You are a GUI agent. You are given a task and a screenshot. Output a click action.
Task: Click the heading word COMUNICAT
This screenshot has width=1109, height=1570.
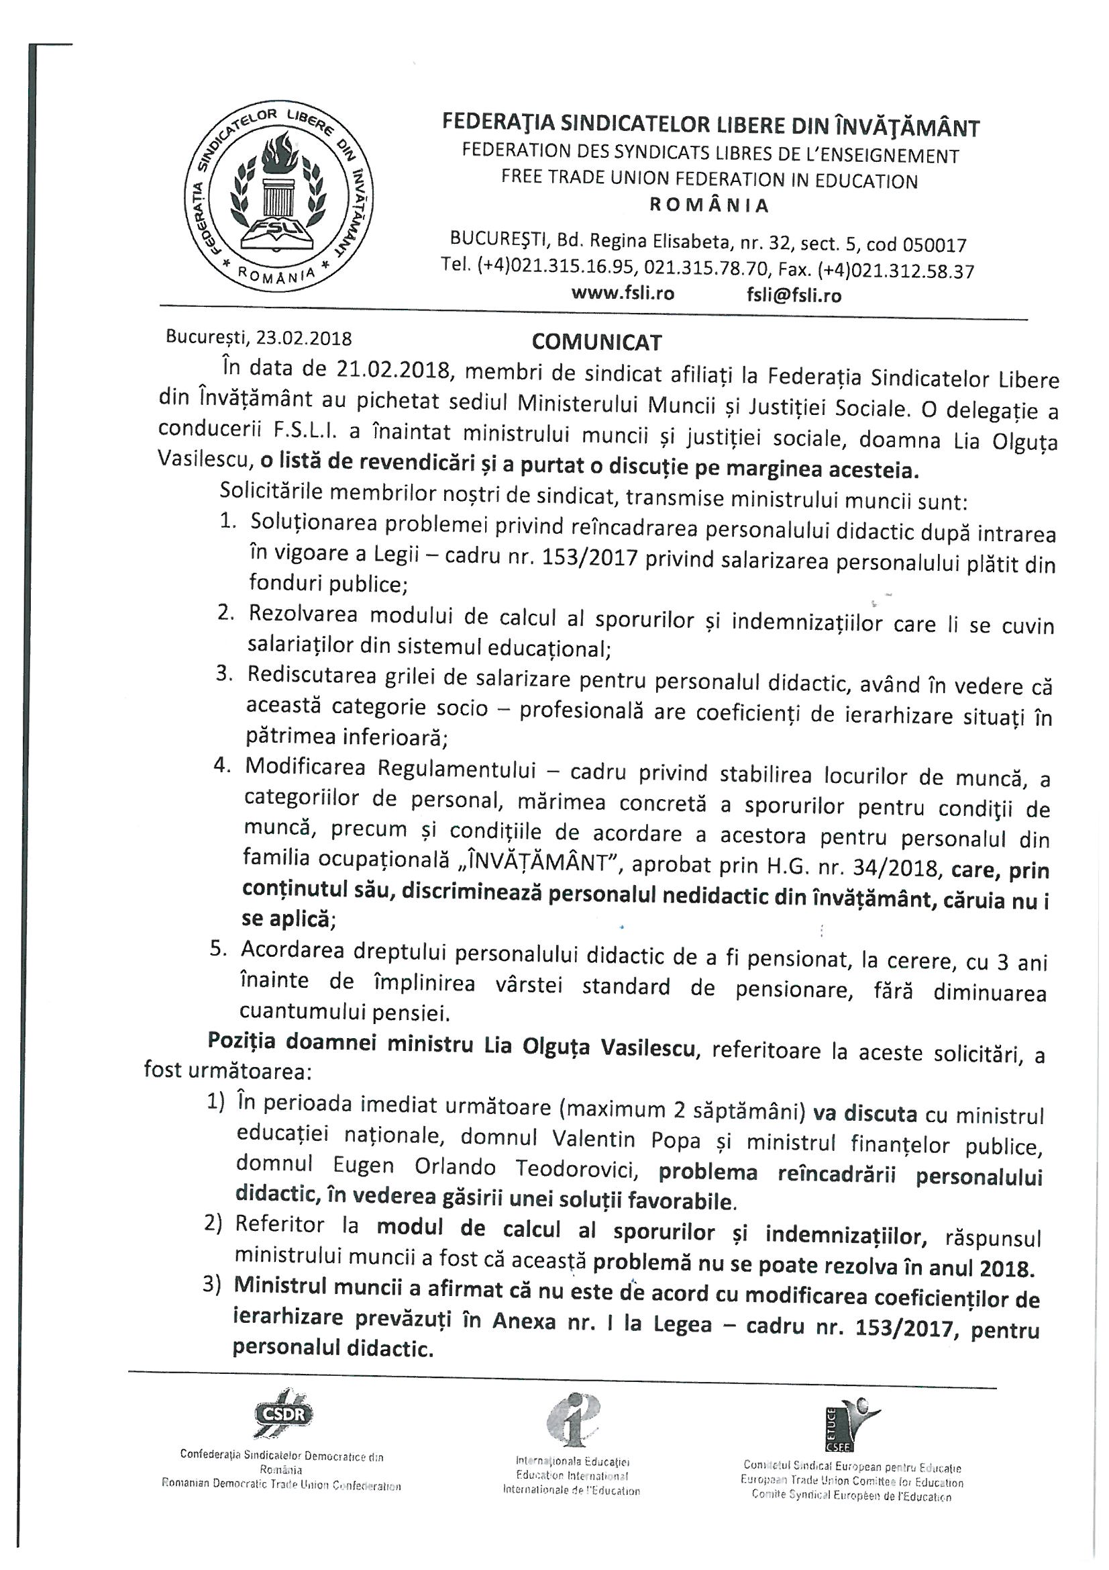[596, 342]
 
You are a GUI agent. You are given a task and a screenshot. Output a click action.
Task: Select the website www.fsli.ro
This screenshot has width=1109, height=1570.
[623, 294]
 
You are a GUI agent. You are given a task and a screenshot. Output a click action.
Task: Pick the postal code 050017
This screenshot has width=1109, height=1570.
[935, 245]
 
